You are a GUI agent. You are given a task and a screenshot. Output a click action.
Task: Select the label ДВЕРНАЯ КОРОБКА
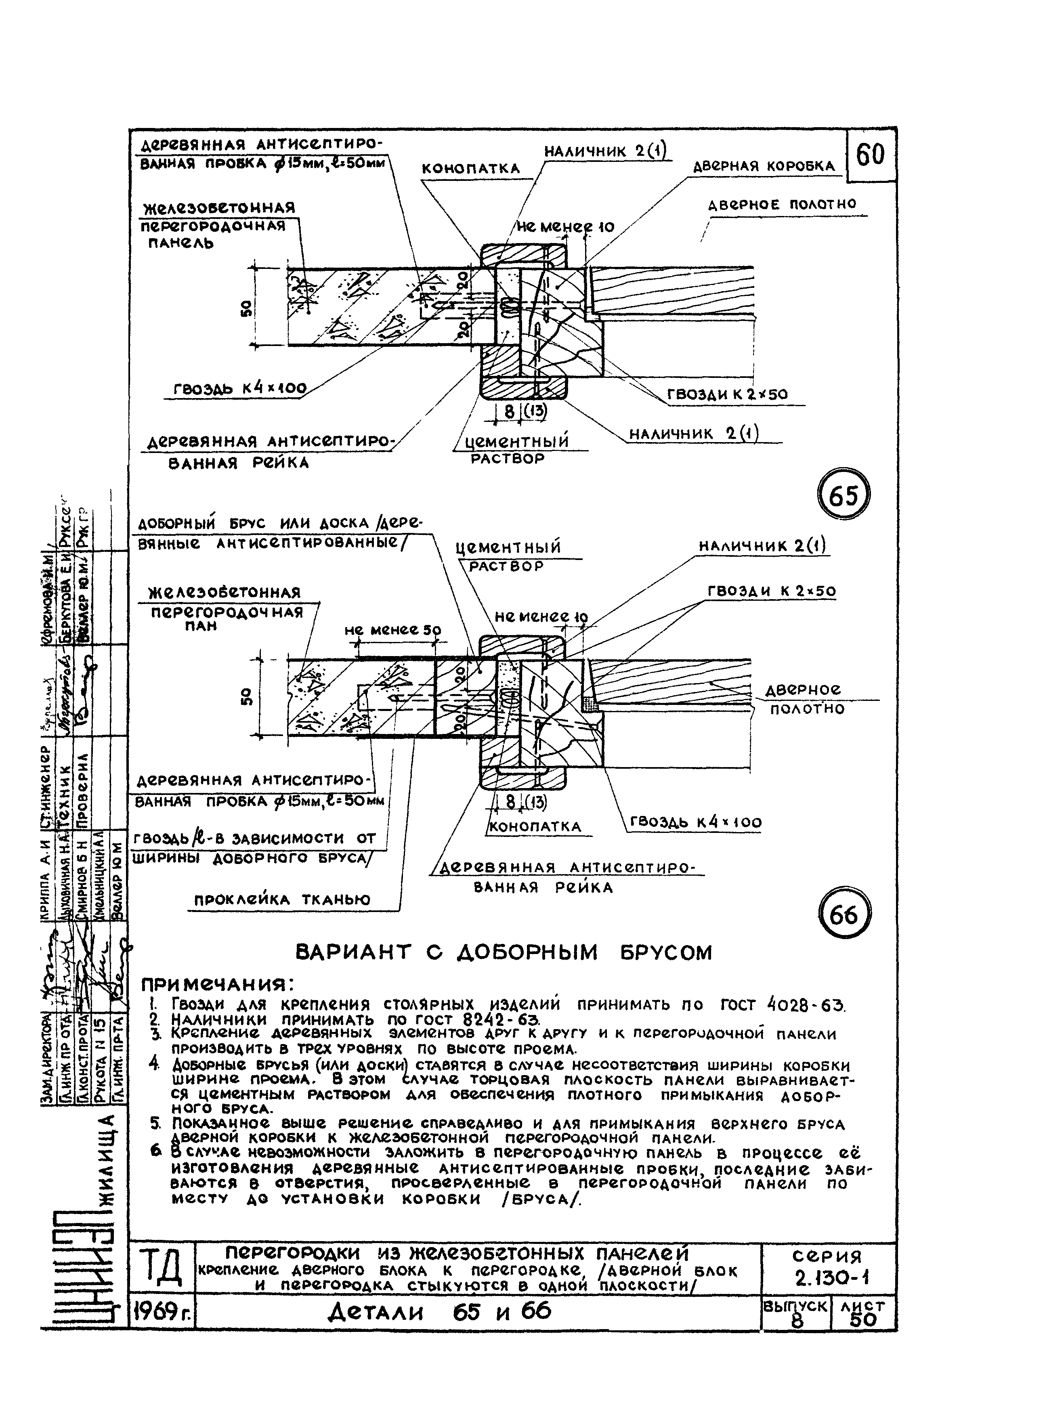click(764, 166)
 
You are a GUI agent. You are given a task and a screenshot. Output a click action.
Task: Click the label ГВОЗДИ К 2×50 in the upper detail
click(728, 394)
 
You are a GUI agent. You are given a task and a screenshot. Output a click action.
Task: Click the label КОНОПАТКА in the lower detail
click(535, 826)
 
